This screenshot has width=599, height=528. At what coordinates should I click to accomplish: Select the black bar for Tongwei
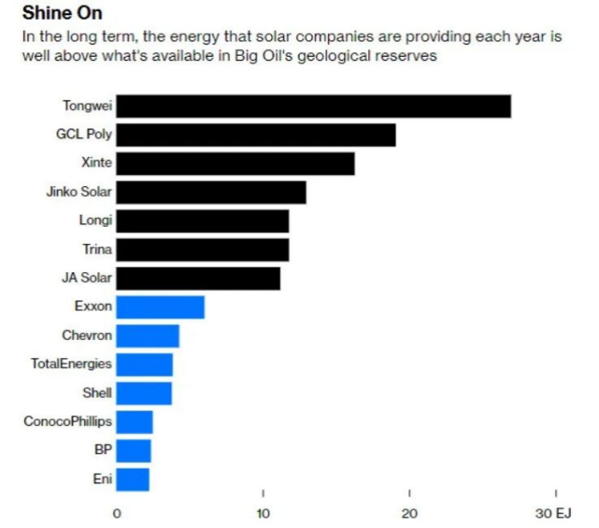click(313, 106)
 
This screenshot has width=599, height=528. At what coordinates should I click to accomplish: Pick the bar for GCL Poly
click(256, 135)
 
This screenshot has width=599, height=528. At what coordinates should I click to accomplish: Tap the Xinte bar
click(235, 163)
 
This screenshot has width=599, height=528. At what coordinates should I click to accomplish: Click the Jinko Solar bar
click(211, 192)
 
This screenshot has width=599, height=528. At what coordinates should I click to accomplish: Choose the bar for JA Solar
click(198, 278)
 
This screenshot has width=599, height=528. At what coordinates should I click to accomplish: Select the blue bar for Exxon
click(160, 306)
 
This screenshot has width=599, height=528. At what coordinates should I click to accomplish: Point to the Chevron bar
click(148, 336)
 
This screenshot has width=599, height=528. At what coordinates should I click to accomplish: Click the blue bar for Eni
click(133, 479)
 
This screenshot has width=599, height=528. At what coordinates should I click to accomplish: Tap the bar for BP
click(134, 451)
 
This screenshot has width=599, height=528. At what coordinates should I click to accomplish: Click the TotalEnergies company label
click(71, 364)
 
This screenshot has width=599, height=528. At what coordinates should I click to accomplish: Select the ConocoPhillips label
click(69, 422)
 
